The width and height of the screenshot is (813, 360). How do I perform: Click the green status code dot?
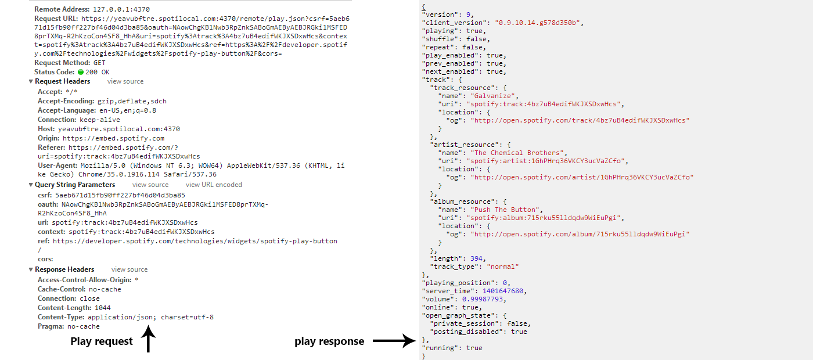point(81,72)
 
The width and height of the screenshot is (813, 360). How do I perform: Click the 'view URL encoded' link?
point(214,185)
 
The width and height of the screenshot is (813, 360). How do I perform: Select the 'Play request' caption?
point(102,341)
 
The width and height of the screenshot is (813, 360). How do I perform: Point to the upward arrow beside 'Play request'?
point(149,340)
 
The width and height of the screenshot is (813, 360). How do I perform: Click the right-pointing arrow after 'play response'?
point(395,341)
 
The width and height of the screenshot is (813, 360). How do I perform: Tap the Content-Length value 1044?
point(102,308)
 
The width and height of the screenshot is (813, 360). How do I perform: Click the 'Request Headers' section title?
point(62,81)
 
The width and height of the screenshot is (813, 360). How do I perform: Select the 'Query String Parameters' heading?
point(75,185)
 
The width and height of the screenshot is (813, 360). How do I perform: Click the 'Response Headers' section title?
point(64,269)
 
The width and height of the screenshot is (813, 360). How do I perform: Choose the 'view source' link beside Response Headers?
point(129,269)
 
